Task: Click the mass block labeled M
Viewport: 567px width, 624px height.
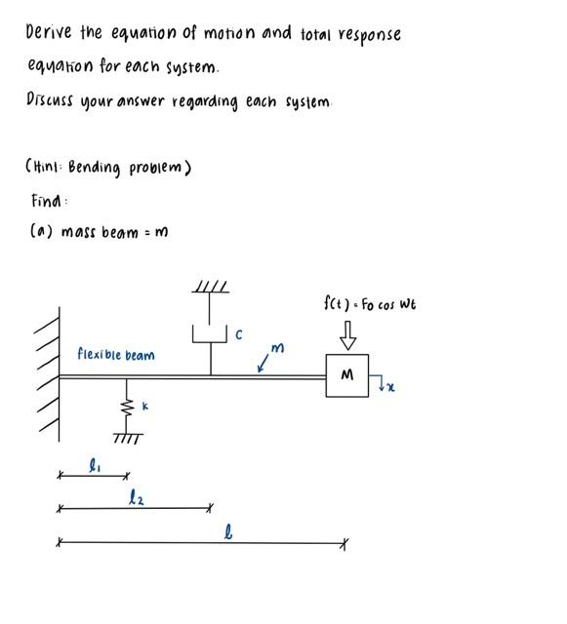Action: pyautogui.click(x=346, y=375)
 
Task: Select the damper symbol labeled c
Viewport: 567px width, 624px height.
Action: pyautogui.click(x=211, y=331)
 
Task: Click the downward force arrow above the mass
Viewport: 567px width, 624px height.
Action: pyautogui.click(x=347, y=334)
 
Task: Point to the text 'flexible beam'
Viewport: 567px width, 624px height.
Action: pyautogui.click(x=116, y=355)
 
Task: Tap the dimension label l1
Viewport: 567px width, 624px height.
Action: pyautogui.click(x=94, y=466)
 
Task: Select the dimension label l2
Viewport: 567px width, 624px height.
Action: pyautogui.click(x=137, y=498)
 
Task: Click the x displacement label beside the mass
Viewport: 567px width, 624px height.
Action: pyautogui.click(x=390, y=388)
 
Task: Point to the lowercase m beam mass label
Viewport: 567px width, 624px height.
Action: pyautogui.click(x=279, y=348)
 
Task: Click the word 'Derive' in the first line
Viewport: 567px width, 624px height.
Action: pyautogui.click(x=49, y=32)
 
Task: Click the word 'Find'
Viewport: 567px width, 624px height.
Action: pyautogui.click(x=50, y=201)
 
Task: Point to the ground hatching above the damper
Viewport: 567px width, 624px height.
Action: pyautogui.click(x=211, y=287)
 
